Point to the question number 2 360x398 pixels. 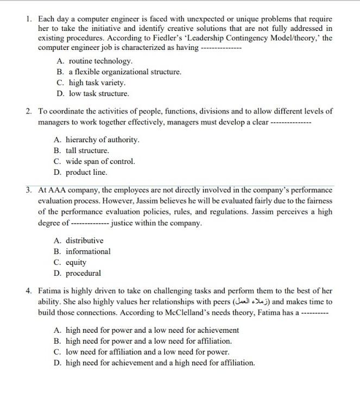(x=28, y=111)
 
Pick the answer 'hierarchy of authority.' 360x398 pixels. (x=103, y=140)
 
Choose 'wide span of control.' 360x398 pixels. (x=100, y=161)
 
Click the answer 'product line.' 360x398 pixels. (x=86, y=172)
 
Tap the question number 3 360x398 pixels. (x=28, y=190)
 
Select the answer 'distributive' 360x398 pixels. (x=84, y=241)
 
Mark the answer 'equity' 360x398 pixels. (x=76, y=262)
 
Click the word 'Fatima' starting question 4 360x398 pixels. (x=50, y=291)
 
